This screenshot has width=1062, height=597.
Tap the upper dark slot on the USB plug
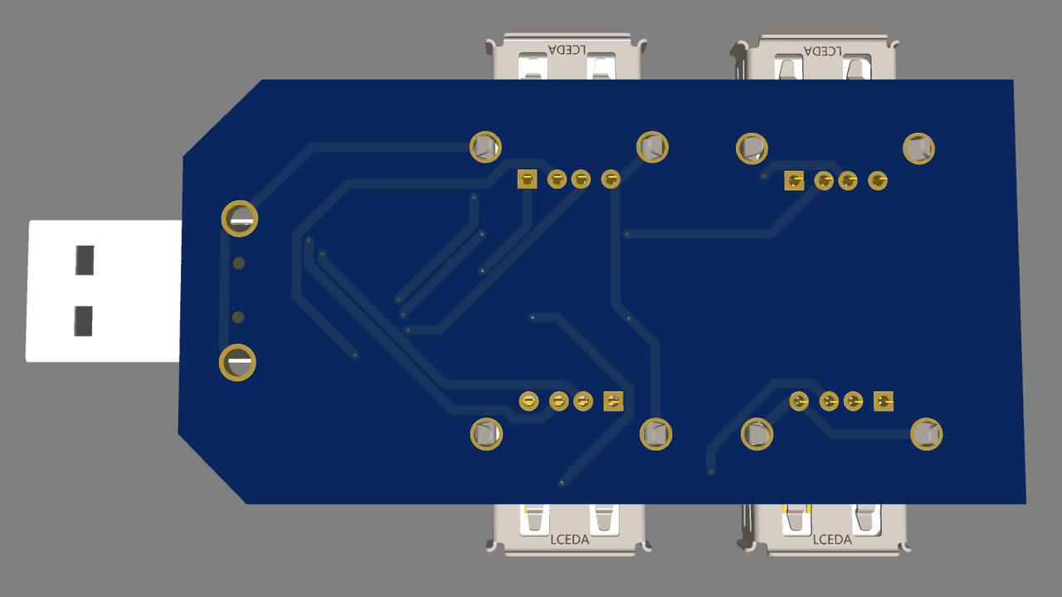85,260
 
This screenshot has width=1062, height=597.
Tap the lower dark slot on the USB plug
84,321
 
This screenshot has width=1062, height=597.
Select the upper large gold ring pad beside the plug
240,218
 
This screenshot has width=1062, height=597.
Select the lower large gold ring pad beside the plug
237,363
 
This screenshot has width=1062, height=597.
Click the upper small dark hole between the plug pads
239,263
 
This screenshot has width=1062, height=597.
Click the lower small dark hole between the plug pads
238,317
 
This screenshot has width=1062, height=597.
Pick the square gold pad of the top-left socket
527,179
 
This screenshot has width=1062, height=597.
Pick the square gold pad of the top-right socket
794,181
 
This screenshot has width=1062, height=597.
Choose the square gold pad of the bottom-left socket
613,401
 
